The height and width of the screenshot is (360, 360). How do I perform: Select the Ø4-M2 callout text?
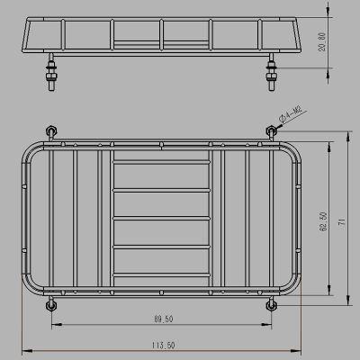293,115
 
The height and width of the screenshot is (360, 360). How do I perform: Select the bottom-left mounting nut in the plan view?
51,304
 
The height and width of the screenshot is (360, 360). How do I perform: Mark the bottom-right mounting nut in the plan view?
269,304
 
